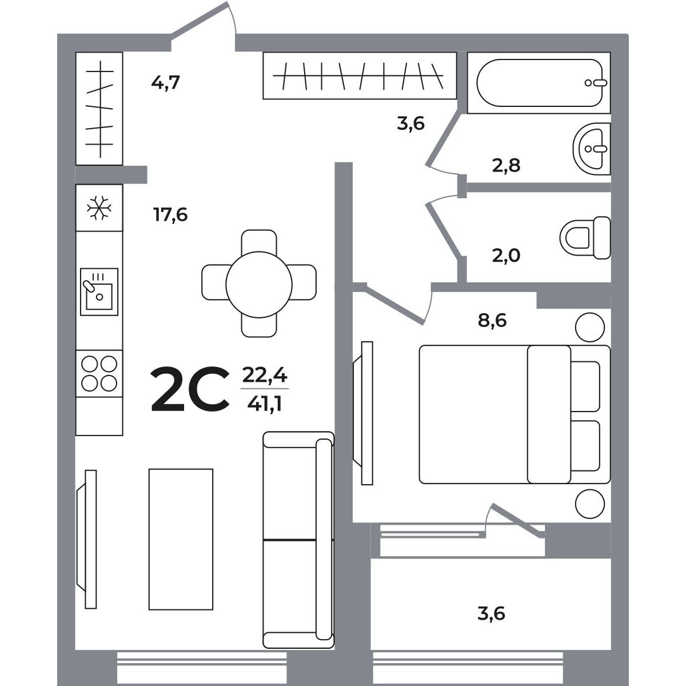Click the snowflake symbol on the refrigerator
click(x=99, y=207)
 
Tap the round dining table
click(x=259, y=285)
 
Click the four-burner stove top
click(x=99, y=373)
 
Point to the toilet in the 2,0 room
click(x=585, y=238)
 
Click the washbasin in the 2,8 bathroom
click(x=592, y=149)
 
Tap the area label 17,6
click(x=170, y=215)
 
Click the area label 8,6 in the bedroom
click(x=492, y=320)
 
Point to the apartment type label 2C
click(x=190, y=389)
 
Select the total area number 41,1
click(x=265, y=404)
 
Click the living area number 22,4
click(x=265, y=375)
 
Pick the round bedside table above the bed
click(x=590, y=327)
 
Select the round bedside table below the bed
click(x=590, y=504)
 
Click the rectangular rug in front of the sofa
click(x=181, y=539)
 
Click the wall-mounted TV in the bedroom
click(x=362, y=413)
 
